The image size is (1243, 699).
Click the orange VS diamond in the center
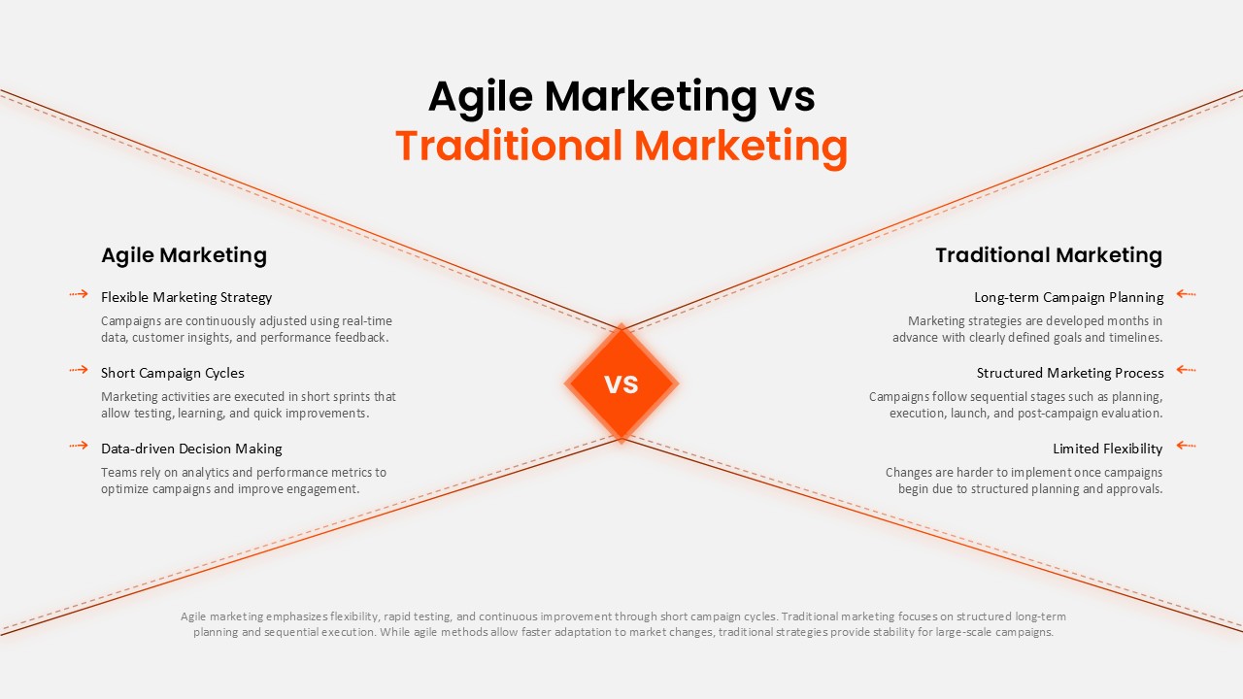[x=621, y=383]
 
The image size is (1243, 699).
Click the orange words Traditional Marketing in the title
[x=621, y=146]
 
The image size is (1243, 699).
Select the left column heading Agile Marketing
[x=184, y=255]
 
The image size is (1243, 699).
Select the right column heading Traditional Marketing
[x=1049, y=255]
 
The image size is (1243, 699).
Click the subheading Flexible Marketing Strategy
[x=186, y=297]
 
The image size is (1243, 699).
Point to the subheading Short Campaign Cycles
[x=173, y=373]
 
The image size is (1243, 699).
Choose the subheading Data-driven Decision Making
[x=191, y=449]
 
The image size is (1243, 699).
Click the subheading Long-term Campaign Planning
[x=1068, y=297]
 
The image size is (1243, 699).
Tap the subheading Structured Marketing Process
[x=1070, y=373]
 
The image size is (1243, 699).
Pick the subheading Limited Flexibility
[x=1107, y=449]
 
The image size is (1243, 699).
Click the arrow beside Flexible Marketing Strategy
[x=79, y=293]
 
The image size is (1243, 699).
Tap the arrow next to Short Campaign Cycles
[x=79, y=369]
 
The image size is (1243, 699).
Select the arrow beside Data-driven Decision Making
[x=79, y=445]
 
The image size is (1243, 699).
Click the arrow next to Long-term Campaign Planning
[x=1186, y=293]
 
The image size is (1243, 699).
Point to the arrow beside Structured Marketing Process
[x=1186, y=369]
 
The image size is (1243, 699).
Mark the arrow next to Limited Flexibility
[x=1186, y=445]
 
